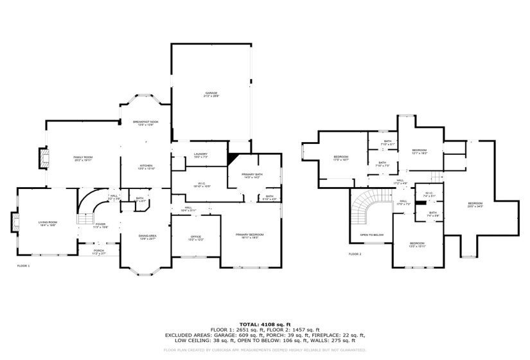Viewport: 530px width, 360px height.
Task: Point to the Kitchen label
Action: pos(146,167)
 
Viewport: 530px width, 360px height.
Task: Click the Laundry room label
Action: pos(200,155)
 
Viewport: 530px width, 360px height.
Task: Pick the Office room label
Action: pos(196,239)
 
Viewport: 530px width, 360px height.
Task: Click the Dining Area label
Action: pos(148,237)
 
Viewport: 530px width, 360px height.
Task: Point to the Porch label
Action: pos(99,251)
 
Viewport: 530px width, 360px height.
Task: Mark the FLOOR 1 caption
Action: pos(23,265)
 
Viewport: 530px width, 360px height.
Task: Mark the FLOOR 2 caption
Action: pos(355,255)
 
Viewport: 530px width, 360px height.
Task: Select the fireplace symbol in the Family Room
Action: pos(43,158)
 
